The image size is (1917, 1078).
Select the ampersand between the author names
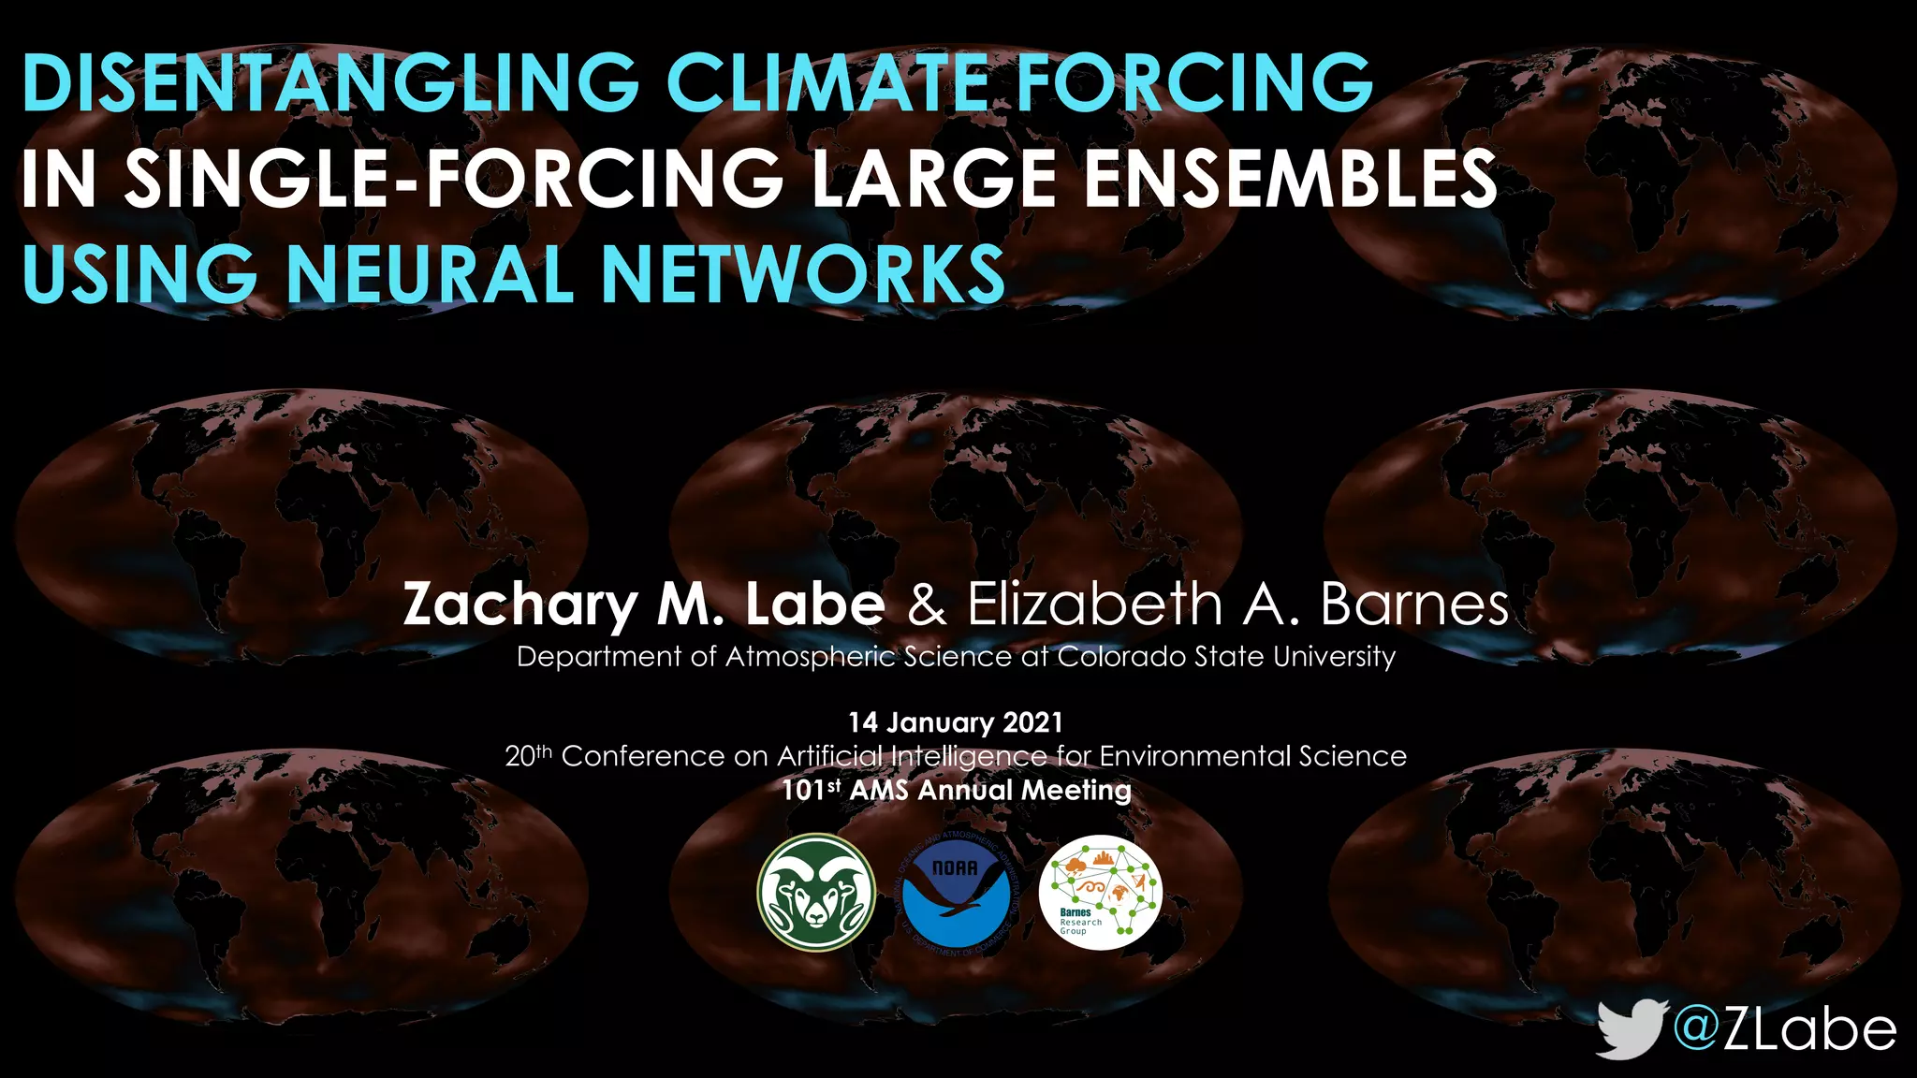point(927,605)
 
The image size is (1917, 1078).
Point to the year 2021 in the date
point(1032,722)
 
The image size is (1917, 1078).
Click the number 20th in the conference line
point(529,755)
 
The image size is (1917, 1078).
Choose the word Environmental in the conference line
point(1183,755)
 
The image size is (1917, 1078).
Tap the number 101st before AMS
point(811,790)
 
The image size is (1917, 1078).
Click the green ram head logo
point(816,893)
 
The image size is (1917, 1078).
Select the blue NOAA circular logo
point(957,893)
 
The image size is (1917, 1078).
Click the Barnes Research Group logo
point(1100,893)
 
